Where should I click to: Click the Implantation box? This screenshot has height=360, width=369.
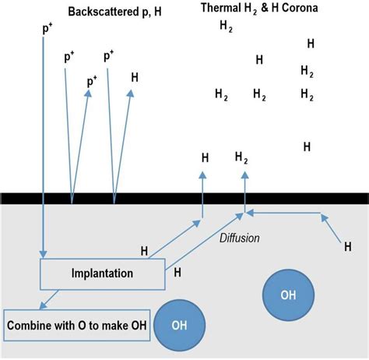(102, 274)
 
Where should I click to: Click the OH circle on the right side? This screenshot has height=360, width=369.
(288, 295)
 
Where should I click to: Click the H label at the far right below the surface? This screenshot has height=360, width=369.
(348, 247)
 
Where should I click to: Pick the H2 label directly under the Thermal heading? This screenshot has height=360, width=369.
(226, 26)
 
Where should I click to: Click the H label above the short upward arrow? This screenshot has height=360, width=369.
(205, 157)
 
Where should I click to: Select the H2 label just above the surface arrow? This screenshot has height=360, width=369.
(241, 158)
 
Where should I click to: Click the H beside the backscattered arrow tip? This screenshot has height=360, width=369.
(135, 77)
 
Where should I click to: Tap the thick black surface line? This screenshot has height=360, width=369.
(184, 199)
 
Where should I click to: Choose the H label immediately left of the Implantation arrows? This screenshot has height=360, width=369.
(144, 250)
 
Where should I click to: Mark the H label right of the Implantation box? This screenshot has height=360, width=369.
(178, 272)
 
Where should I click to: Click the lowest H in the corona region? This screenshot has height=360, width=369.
(307, 146)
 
